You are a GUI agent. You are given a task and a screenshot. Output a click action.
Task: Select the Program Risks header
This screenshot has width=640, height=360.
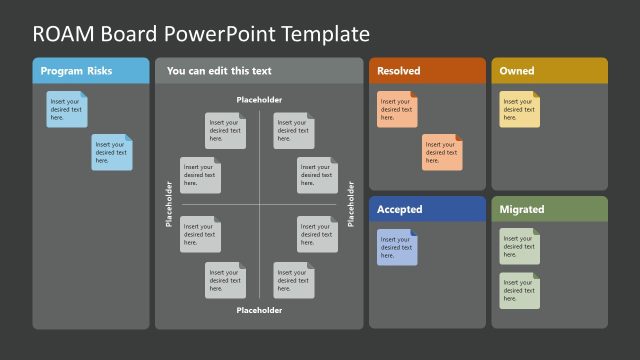click(76, 71)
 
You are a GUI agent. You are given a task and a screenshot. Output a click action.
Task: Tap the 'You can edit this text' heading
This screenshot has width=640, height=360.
click(219, 71)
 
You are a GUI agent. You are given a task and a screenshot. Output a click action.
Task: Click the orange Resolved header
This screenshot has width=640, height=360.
click(399, 71)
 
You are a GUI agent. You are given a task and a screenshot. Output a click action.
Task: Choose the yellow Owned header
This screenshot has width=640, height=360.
click(517, 71)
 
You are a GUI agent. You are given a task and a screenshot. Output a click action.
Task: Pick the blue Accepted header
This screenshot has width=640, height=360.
click(400, 210)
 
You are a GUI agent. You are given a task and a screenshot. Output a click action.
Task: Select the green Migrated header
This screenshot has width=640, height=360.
click(522, 210)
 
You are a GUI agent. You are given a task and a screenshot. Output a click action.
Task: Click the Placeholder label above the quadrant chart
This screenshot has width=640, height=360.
click(259, 100)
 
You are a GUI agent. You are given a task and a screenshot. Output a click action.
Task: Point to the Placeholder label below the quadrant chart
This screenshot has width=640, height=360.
click(259, 310)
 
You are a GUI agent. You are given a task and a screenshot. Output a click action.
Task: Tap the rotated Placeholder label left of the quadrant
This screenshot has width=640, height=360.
click(168, 204)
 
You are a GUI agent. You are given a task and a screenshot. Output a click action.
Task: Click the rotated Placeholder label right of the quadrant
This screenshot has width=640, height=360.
click(350, 204)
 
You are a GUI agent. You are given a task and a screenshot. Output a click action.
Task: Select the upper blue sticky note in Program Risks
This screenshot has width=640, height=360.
click(67, 109)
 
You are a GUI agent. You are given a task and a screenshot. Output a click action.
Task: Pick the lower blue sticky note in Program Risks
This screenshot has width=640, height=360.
click(112, 152)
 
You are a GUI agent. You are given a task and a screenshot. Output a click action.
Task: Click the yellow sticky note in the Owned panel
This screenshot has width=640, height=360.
click(520, 109)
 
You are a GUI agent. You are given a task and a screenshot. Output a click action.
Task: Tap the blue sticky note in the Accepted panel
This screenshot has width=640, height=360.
click(397, 247)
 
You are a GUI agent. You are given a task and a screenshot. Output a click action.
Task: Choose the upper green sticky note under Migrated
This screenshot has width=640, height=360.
click(520, 246)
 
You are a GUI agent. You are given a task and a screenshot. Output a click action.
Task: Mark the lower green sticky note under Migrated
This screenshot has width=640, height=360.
click(520, 290)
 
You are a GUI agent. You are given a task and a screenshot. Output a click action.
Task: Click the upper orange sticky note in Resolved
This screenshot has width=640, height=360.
click(397, 109)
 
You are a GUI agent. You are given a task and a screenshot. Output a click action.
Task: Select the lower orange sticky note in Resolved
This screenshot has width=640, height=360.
click(442, 152)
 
